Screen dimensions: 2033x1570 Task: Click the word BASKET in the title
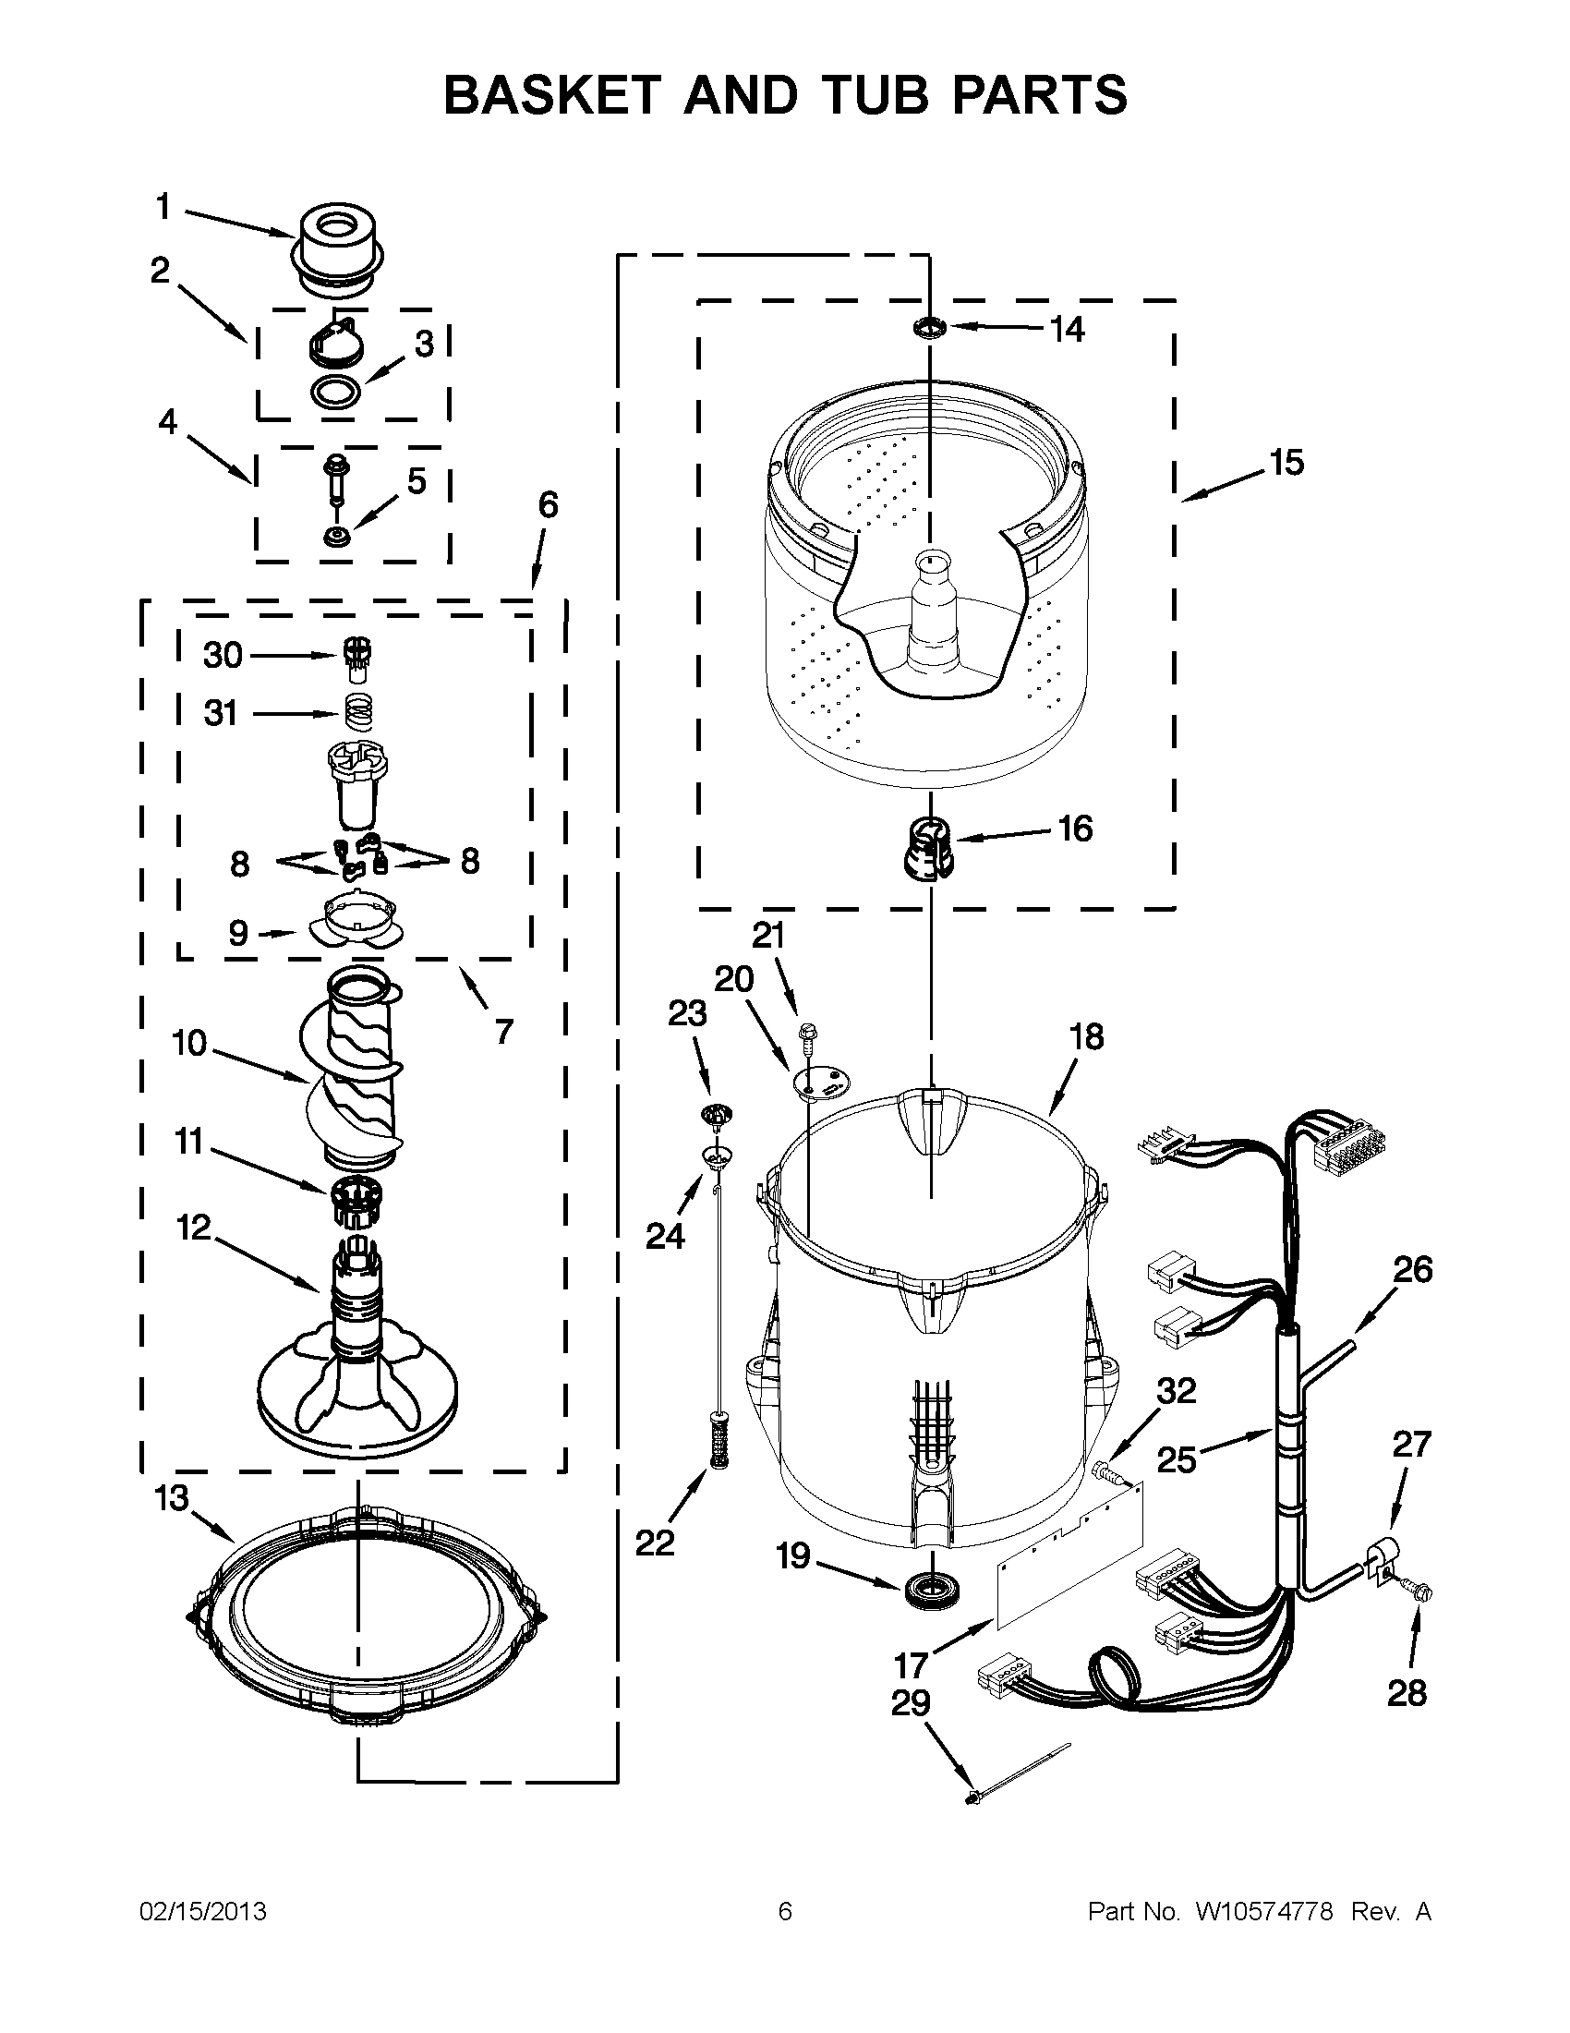click(552, 94)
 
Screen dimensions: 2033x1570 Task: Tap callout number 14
click(1068, 329)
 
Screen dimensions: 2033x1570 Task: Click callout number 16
click(1075, 829)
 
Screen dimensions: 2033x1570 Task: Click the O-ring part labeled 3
click(334, 393)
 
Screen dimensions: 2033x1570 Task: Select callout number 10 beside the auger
click(189, 1044)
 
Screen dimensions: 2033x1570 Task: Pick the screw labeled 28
click(1422, 1593)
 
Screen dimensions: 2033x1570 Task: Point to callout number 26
click(1412, 1270)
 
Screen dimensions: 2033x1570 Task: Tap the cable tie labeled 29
click(1019, 1776)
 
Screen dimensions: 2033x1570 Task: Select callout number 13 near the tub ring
click(172, 1499)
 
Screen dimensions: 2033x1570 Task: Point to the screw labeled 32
click(1106, 1472)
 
